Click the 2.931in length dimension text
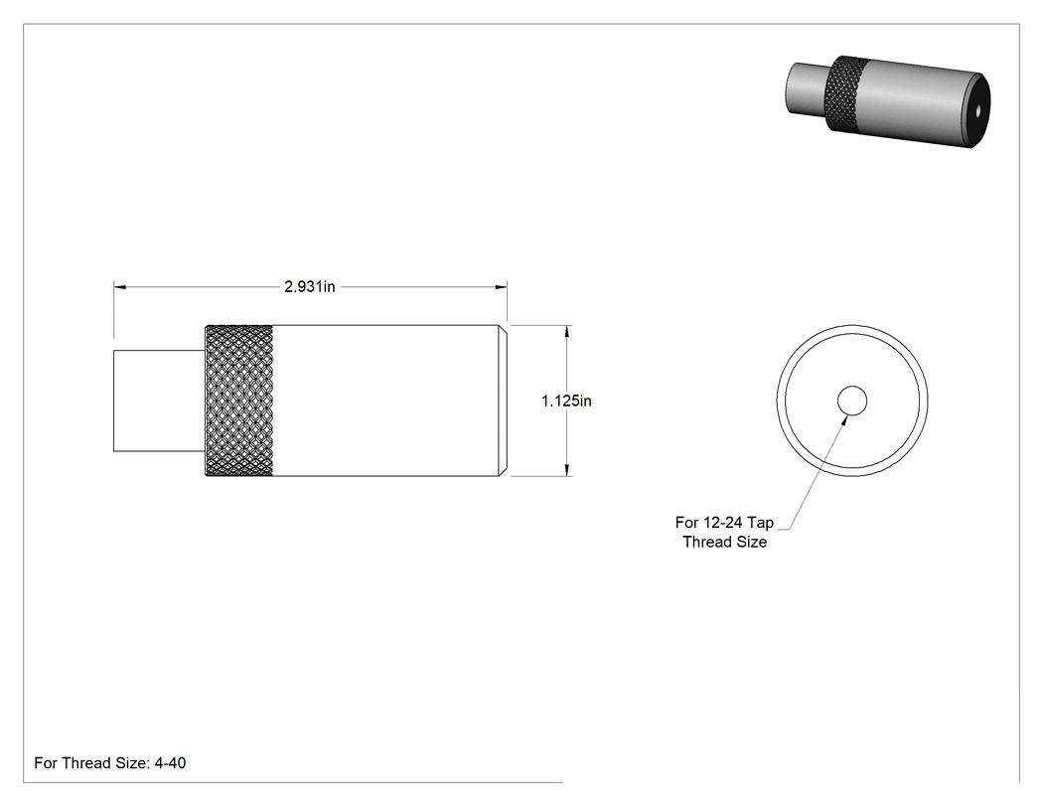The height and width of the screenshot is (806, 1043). click(309, 287)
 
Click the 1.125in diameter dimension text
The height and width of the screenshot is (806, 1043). click(566, 401)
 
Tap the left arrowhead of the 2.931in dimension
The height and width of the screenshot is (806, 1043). click(120, 287)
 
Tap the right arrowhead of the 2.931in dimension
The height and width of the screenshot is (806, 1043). click(501, 287)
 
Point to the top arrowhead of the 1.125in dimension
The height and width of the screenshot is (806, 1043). click(567, 332)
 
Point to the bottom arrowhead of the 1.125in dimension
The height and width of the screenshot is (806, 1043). click(567, 470)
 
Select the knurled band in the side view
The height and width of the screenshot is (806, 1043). click(238, 401)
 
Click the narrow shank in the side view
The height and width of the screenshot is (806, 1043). click(160, 401)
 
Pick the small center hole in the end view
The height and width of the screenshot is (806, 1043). click(852, 401)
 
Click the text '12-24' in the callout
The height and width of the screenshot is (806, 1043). click(721, 523)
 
